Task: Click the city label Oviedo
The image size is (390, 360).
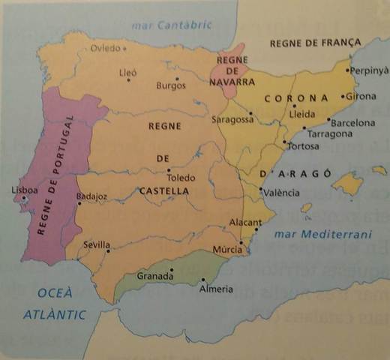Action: pyautogui.click(x=105, y=49)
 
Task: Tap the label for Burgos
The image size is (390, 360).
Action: pyautogui.click(x=170, y=85)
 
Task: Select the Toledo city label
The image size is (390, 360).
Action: pyautogui.click(x=181, y=178)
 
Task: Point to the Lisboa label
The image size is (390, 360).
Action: pyautogui.click(x=24, y=190)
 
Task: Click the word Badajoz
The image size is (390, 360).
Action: pyautogui.click(x=92, y=196)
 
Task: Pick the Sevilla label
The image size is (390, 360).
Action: pyautogui.click(x=97, y=245)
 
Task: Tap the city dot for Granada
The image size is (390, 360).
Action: pyautogui.click(x=172, y=270)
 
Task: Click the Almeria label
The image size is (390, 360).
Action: pyautogui.click(x=215, y=289)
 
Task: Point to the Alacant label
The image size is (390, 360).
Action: pyautogui.click(x=246, y=223)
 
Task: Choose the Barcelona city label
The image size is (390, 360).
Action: pyautogui.click(x=352, y=122)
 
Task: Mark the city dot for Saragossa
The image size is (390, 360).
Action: pyautogui.click(x=251, y=115)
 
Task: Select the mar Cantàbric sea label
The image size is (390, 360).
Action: pyautogui.click(x=172, y=25)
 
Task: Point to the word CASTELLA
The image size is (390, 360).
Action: pyautogui.click(x=164, y=192)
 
